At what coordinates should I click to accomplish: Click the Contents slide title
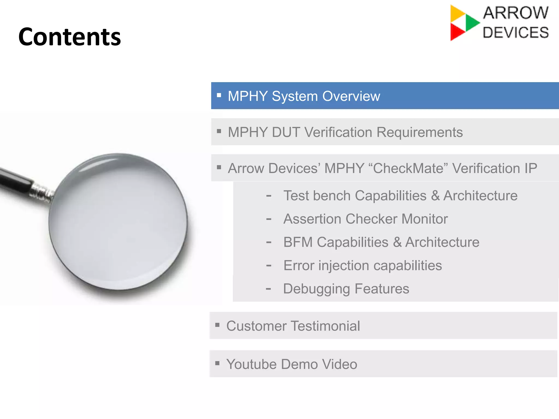coord(70,37)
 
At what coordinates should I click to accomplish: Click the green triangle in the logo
coord(472,22)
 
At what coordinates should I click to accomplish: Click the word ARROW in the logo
coord(516,13)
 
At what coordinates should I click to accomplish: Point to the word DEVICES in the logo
coord(516,33)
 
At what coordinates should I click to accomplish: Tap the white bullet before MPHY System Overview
coord(219,95)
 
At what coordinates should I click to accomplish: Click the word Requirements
coord(420,132)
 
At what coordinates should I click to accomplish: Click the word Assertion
coord(312,219)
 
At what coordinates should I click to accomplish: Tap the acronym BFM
coord(298,242)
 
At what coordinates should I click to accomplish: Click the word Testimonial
coord(325,326)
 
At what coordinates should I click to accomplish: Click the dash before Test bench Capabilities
coord(269,196)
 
